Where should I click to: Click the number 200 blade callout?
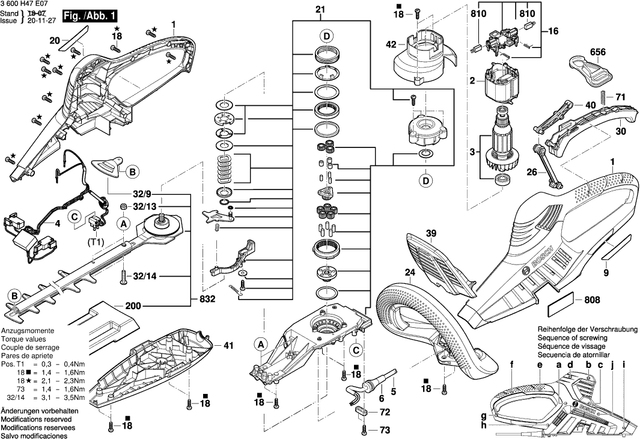(x=133, y=305)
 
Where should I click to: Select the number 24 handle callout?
(x=410, y=271)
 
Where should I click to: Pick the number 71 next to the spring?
(x=620, y=97)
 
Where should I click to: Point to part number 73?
(x=385, y=430)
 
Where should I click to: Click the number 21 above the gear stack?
(x=319, y=9)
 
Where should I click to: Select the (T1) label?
(x=97, y=242)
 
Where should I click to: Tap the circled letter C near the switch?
(x=75, y=216)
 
